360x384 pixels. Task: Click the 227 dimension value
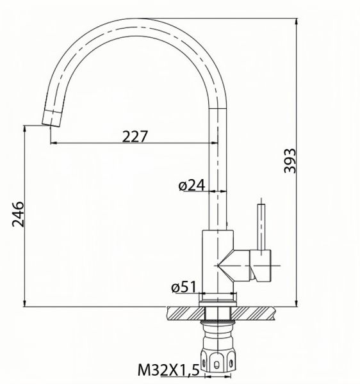coord(135,135)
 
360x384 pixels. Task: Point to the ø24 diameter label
coord(192,185)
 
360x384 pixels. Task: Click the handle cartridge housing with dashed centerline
coord(263,265)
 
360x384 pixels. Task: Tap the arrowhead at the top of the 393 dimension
coord(298,19)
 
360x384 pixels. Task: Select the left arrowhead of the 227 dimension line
coord(53,143)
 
